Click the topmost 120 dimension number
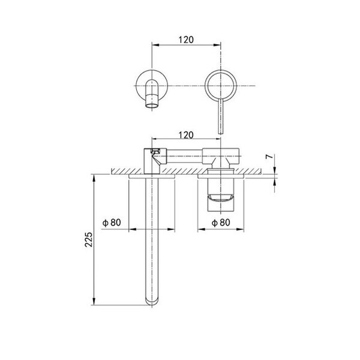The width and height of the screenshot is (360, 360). pos(186,40)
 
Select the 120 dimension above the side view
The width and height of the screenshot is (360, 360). pos(186,135)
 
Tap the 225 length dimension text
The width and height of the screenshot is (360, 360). pos(89,239)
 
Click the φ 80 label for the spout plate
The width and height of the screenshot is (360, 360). pos(112,223)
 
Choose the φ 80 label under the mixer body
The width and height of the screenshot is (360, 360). pos(221,223)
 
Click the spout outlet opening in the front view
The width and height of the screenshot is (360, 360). pos(152,106)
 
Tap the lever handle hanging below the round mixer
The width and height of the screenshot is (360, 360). pos(220,116)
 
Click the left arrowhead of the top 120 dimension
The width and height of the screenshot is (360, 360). pos(155,45)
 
